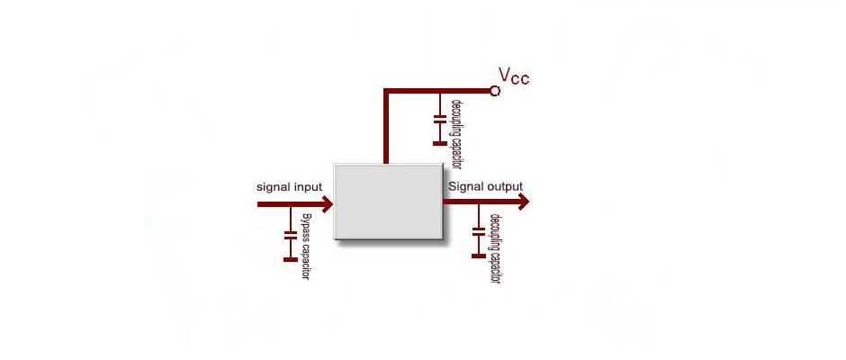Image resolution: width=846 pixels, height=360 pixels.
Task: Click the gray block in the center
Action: point(389,201)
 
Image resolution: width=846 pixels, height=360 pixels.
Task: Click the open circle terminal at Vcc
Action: point(494,91)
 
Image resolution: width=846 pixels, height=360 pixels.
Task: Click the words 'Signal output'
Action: point(485,186)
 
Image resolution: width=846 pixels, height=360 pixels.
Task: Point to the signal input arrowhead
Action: point(327,204)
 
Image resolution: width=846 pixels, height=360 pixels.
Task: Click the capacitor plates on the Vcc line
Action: point(440,120)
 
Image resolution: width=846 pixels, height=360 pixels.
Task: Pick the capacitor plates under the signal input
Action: point(290,236)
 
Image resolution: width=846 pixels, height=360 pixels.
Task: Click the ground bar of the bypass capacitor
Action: point(290,259)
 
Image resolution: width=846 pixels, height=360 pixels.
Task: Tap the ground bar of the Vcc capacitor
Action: point(440,142)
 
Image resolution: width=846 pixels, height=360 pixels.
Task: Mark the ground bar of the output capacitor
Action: point(478,256)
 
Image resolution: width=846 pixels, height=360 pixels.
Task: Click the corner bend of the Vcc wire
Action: point(386,92)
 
